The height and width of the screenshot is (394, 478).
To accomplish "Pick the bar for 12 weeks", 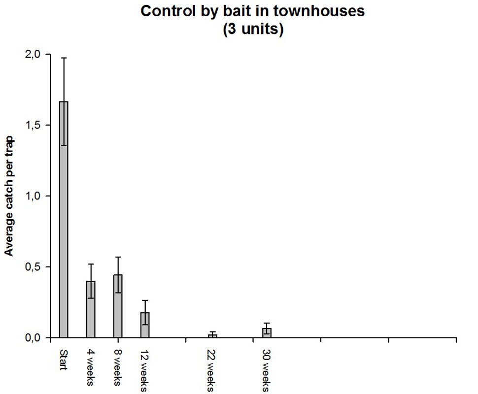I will (145, 325).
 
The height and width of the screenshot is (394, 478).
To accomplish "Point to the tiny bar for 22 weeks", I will (212, 336).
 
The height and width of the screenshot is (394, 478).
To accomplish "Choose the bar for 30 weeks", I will (267, 333).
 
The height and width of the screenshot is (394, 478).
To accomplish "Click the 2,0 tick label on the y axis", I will (34, 54).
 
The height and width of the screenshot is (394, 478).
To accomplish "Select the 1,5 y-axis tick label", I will (34, 125).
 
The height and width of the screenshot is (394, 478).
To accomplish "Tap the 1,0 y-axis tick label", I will (34, 196).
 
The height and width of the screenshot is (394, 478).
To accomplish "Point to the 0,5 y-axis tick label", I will (34, 267).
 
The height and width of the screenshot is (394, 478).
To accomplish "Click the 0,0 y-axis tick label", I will (34, 338).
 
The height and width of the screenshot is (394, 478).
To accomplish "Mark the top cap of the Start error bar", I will (64, 58).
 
